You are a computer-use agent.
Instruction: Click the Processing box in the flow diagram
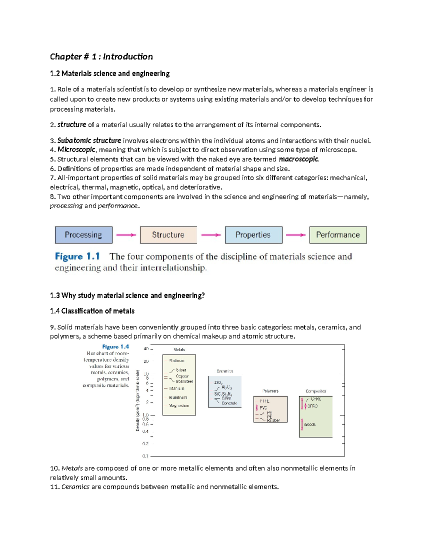click(x=84, y=235)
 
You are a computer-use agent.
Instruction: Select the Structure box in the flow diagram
click(x=168, y=235)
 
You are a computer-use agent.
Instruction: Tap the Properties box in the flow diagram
click(x=253, y=235)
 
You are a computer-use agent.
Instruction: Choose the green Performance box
click(x=338, y=235)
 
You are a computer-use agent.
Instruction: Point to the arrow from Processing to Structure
click(x=126, y=235)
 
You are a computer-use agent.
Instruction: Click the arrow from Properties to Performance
click(x=296, y=235)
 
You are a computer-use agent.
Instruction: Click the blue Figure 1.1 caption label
click(x=77, y=256)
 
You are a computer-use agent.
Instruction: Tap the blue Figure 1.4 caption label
click(x=115, y=347)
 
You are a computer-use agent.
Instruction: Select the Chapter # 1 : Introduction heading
click(x=101, y=57)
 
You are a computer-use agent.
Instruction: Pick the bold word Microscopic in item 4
click(x=76, y=150)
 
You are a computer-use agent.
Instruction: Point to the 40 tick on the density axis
click(x=146, y=349)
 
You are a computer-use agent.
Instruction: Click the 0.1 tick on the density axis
click(x=145, y=456)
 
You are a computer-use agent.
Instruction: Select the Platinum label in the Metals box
click(x=176, y=361)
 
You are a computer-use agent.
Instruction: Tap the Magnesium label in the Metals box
click(x=179, y=406)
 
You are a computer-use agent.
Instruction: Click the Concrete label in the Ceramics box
click(x=229, y=403)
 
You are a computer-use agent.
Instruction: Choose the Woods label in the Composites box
click(x=310, y=424)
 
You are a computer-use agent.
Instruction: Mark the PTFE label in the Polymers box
click(x=264, y=401)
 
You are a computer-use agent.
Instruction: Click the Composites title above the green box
click(x=316, y=391)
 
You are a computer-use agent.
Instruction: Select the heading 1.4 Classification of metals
click(x=92, y=311)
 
